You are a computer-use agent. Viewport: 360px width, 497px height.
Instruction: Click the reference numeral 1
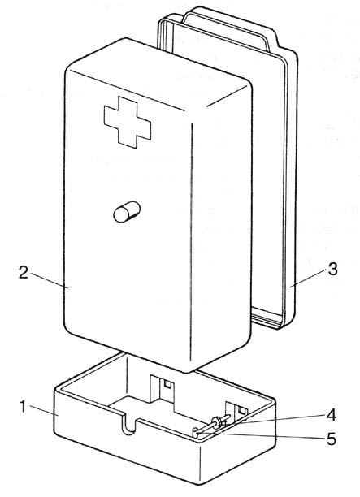pyautogui.click(x=23, y=407)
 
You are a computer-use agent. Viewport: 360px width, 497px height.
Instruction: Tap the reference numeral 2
pyautogui.click(x=24, y=273)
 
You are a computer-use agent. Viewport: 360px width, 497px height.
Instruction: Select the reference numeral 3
pyautogui.click(x=332, y=270)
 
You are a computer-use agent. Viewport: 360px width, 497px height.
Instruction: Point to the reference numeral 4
pyautogui.click(x=332, y=415)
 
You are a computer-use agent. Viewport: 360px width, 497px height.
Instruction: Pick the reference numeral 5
pyautogui.click(x=332, y=439)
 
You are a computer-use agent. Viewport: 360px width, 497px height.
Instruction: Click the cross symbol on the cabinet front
pyautogui.click(x=128, y=122)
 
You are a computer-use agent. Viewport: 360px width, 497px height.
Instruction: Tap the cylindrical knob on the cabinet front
pyautogui.click(x=127, y=212)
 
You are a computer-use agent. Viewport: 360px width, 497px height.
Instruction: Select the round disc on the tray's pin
pyautogui.click(x=217, y=423)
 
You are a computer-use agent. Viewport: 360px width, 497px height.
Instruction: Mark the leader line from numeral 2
pyautogui.click(x=49, y=280)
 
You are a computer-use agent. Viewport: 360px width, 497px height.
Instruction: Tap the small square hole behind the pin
pyautogui.click(x=243, y=411)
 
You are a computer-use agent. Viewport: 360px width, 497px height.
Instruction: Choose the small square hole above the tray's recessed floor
pyautogui.click(x=167, y=384)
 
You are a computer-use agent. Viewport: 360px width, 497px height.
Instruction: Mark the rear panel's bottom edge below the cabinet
pyautogui.click(x=267, y=319)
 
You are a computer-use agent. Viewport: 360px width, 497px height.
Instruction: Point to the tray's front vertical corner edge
pyautogui.click(x=200, y=464)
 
